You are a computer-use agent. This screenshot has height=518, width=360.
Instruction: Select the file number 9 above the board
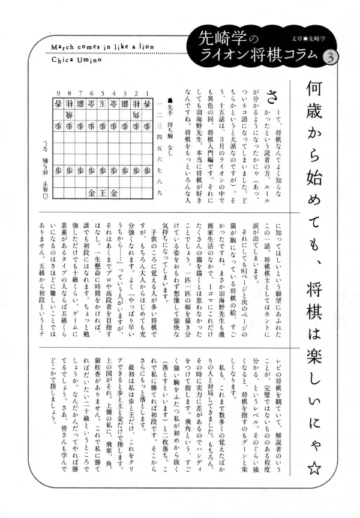point(59,93)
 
